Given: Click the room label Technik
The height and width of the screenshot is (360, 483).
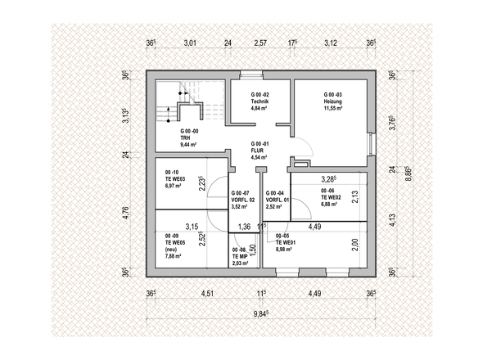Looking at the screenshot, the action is click(x=260, y=101).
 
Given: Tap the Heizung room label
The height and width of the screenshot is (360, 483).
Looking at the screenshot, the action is click(x=332, y=101).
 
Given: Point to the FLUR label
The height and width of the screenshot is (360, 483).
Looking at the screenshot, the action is click(x=257, y=151).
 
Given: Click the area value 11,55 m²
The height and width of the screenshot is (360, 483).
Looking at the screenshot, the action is click(x=333, y=108).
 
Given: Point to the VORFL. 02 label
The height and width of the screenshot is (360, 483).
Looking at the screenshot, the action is click(x=243, y=200).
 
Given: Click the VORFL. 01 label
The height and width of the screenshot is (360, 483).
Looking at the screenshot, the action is click(x=278, y=200).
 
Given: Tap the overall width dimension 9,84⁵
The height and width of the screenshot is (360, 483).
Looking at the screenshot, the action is click(x=261, y=314).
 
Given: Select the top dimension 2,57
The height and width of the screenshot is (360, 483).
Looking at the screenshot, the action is click(x=260, y=43).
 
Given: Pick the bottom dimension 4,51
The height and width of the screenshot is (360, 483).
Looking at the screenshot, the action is click(x=207, y=293).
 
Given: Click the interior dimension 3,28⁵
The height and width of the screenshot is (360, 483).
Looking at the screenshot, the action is click(x=329, y=179).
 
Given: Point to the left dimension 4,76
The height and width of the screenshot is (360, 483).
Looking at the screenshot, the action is click(x=125, y=213).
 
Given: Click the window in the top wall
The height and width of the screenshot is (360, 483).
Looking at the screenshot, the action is click(x=251, y=74).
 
